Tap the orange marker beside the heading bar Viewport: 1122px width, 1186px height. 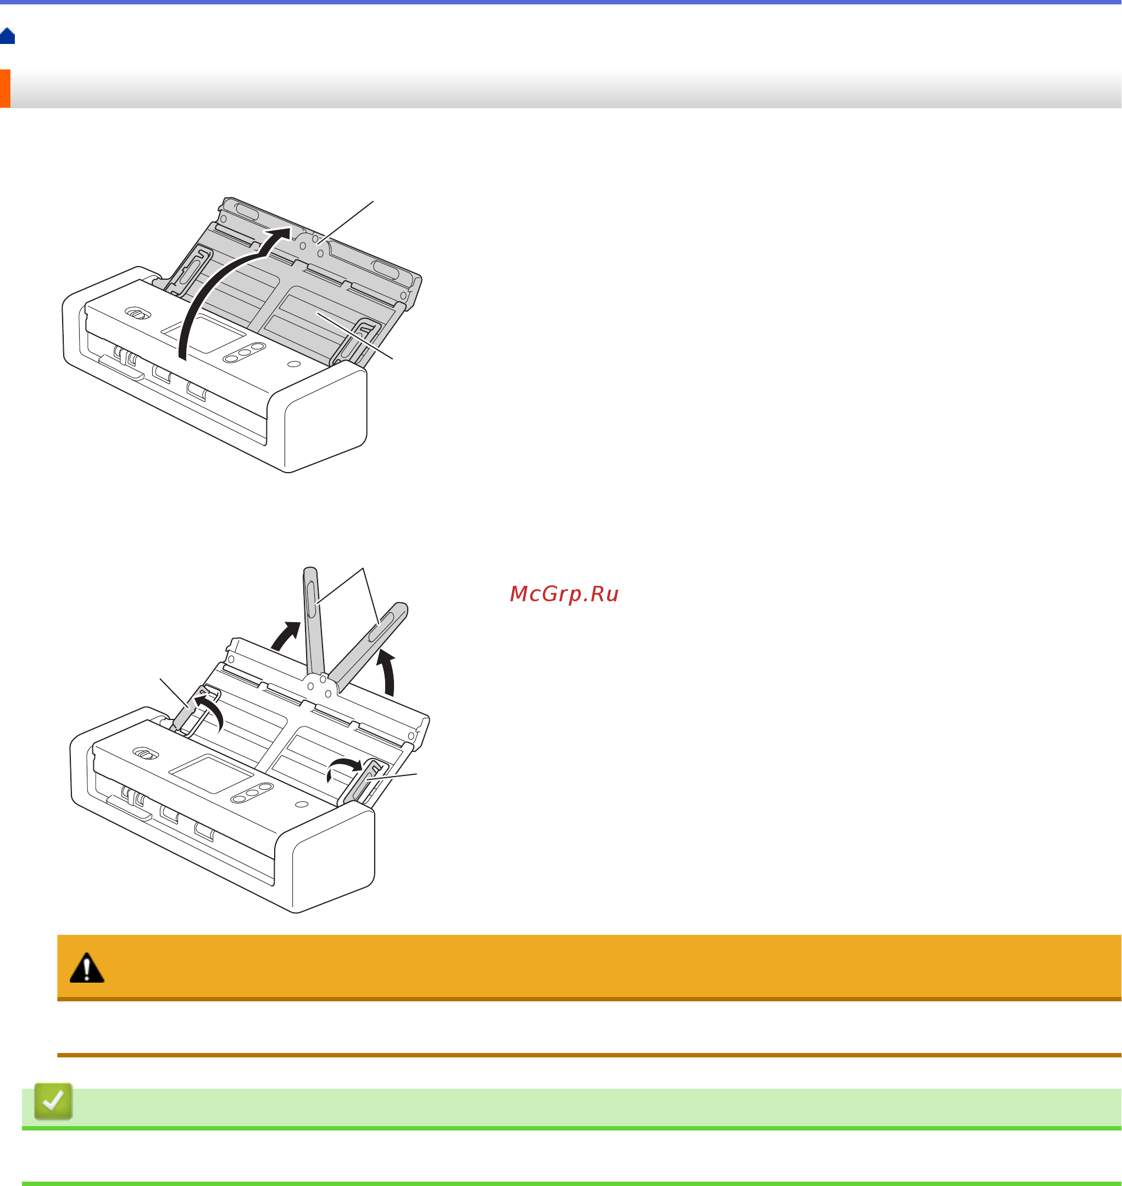point(5,88)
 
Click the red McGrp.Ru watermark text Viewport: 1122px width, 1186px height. point(564,594)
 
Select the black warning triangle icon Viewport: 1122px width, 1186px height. point(87,968)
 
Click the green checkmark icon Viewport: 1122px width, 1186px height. point(53,1100)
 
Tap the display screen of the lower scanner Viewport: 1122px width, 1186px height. point(211,774)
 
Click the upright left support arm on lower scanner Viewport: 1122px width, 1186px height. point(314,622)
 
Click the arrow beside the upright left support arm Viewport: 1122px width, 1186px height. point(286,635)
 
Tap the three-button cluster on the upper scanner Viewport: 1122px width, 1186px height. point(244,352)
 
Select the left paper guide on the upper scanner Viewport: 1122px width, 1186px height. point(189,272)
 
